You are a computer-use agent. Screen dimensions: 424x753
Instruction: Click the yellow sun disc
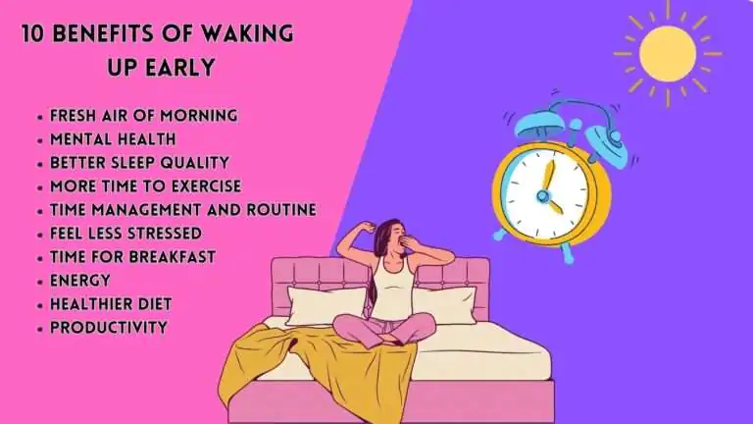point(667,55)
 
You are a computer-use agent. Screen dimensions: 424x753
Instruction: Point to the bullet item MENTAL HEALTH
point(113,138)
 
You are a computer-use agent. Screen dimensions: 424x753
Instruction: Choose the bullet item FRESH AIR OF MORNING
point(143,115)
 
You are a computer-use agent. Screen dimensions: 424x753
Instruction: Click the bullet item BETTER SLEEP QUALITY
point(138,162)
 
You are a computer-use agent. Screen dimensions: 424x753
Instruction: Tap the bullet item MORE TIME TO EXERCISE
point(144,185)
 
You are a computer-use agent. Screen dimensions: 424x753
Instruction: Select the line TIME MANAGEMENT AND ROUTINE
point(181,209)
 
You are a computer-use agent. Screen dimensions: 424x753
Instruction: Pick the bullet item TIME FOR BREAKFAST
point(132,256)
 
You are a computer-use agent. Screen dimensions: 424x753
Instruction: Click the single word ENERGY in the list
point(79,280)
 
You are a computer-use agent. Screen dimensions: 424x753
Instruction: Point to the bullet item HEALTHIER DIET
point(110,303)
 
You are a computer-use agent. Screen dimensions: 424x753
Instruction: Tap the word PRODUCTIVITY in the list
point(108,327)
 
